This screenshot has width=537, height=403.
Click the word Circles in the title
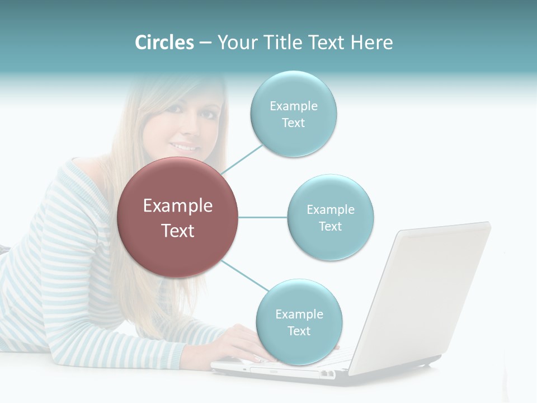tap(164, 43)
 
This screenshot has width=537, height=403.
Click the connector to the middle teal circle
tap(262, 217)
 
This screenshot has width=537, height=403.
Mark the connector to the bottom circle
tap(244, 275)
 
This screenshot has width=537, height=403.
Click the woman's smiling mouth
tap(185, 147)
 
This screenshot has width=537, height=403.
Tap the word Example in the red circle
tap(177, 206)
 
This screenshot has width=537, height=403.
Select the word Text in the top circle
tap(293, 123)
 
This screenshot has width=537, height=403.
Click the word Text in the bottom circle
tap(299, 331)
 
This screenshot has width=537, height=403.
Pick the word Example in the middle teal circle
tap(331, 209)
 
